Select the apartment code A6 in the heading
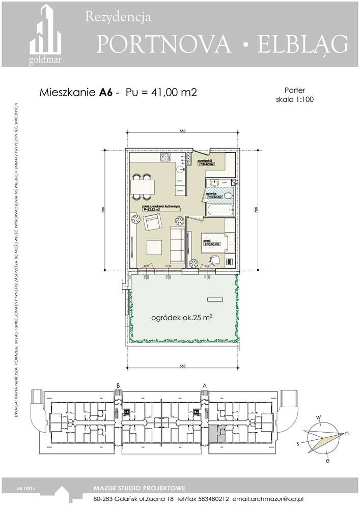click(x=106, y=93)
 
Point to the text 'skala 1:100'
click(x=294, y=100)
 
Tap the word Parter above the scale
click(x=294, y=90)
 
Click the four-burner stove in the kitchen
click(x=165, y=158)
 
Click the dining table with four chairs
click(x=142, y=187)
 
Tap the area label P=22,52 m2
click(x=152, y=209)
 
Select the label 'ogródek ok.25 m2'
click(x=182, y=318)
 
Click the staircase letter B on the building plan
click(x=118, y=385)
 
